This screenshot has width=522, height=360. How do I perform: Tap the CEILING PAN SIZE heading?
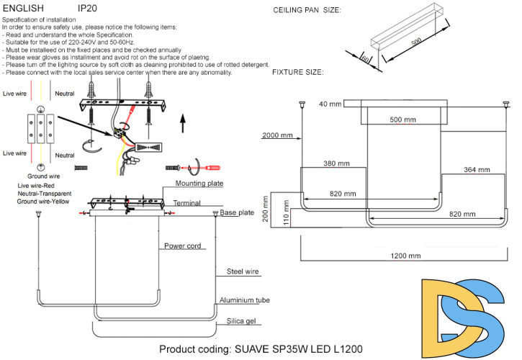(x=307, y=10)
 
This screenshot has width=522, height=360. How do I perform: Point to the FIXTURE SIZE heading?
(x=297, y=73)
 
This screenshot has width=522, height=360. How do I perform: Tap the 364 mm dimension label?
(x=476, y=171)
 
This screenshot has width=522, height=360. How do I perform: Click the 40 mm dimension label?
(x=329, y=104)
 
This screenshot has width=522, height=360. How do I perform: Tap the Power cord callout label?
(x=183, y=245)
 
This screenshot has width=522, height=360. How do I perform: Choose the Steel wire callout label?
(x=242, y=272)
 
